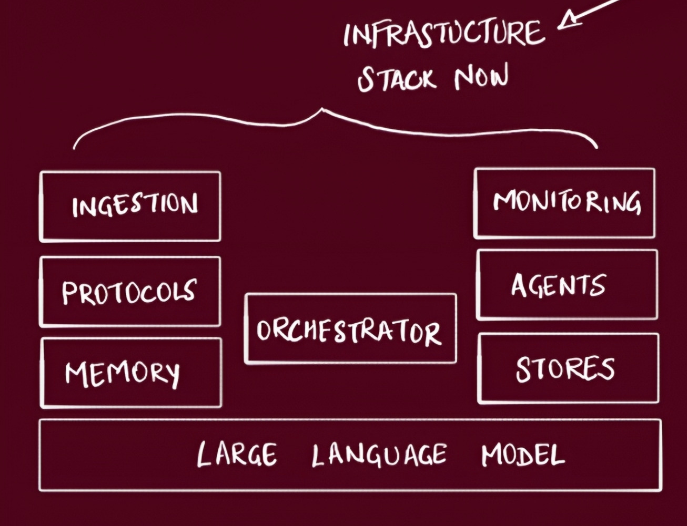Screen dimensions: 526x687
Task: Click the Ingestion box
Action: (130, 206)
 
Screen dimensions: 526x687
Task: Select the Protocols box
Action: (130, 292)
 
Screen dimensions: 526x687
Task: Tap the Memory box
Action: (131, 373)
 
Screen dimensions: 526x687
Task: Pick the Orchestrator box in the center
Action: (350, 329)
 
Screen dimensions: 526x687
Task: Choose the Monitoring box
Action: (564, 203)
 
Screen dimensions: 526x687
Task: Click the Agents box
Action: (567, 285)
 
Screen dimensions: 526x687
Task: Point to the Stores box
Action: (568, 368)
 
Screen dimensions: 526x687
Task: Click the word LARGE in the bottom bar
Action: (237, 454)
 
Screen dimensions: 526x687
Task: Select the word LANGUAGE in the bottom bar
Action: (379, 455)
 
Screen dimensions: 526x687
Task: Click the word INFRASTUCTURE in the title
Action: (444, 34)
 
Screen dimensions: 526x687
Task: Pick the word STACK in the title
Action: (397, 79)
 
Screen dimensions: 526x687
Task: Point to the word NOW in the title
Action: (481, 78)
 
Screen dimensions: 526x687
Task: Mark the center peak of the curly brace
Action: (322, 110)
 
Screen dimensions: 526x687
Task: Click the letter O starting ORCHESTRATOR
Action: (264, 329)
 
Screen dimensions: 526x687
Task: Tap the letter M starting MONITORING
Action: (504, 201)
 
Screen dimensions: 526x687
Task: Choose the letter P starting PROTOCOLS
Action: (69, 293)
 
